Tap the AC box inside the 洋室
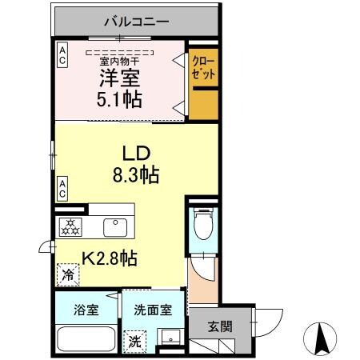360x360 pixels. (x=62, y=54)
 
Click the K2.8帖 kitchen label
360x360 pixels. (x=109, y=258)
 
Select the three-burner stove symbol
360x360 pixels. (x=70, y=226)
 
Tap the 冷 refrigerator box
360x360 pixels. (x=66, y=274)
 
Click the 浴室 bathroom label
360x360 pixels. (x=86, y=310)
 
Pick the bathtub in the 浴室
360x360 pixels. (x=86, y=338)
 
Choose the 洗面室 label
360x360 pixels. (x=152, y=310)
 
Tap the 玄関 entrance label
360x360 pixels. (x=221, y=326)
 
